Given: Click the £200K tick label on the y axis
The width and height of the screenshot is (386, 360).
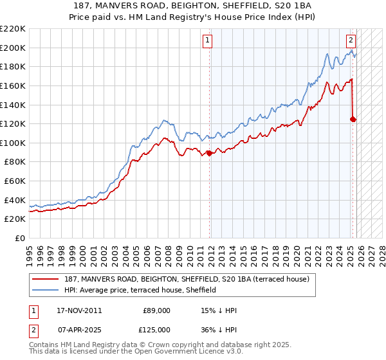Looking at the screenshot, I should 14,48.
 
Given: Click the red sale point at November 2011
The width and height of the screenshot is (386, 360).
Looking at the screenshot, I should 210,153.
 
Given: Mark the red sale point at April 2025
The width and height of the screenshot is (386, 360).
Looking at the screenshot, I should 353,119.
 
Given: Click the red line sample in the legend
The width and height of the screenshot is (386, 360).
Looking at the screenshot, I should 46,279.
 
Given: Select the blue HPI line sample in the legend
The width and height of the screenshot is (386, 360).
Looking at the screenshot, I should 46,291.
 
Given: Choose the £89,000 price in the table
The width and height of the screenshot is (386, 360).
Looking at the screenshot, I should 156,310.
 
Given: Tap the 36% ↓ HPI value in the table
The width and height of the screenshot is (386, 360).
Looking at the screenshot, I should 219,329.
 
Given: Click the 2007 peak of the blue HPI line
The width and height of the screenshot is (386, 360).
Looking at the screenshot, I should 165,120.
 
